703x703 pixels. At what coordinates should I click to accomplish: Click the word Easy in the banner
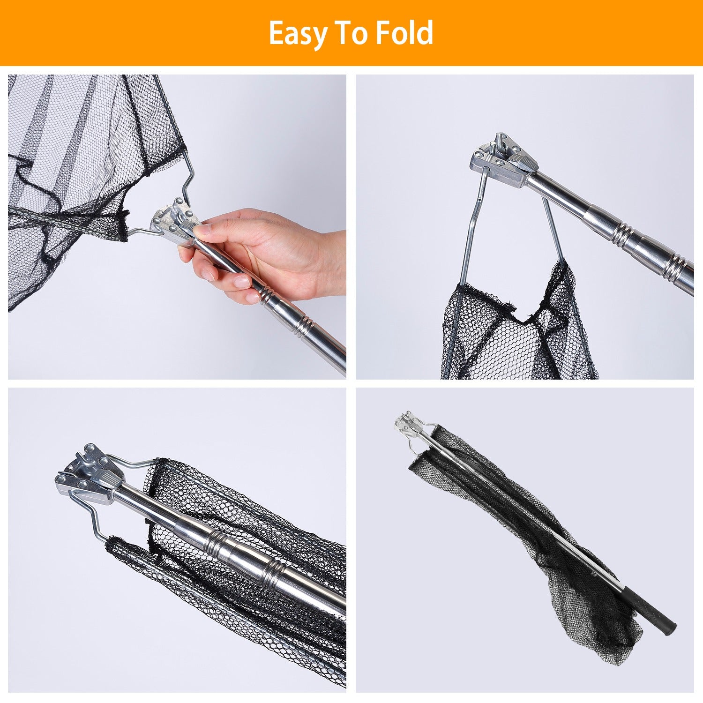tap(297, 34)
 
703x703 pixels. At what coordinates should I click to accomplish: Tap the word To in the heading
tap(351, 33)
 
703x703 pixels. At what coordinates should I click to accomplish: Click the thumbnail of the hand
tap(202, 230)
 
